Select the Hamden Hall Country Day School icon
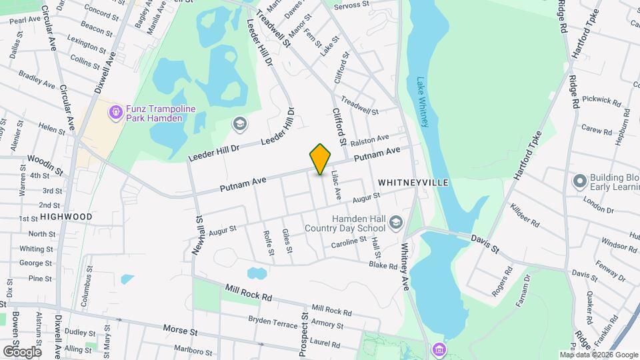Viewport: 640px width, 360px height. click(396, 222)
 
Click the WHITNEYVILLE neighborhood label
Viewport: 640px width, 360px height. click(413, 182)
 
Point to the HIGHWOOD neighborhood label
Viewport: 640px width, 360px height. click(66, 217)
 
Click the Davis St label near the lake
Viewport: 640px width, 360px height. click(485, 243)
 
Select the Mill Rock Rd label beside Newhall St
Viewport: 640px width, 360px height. click(249, 293)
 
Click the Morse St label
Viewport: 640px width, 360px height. click(181, 330)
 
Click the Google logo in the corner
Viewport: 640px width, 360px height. click(21, 351)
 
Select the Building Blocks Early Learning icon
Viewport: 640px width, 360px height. click(579, 180)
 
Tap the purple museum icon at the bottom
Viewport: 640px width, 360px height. click(439, 348)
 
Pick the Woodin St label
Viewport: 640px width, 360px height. click(45, 165)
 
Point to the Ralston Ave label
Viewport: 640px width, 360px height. click(369, 139)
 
